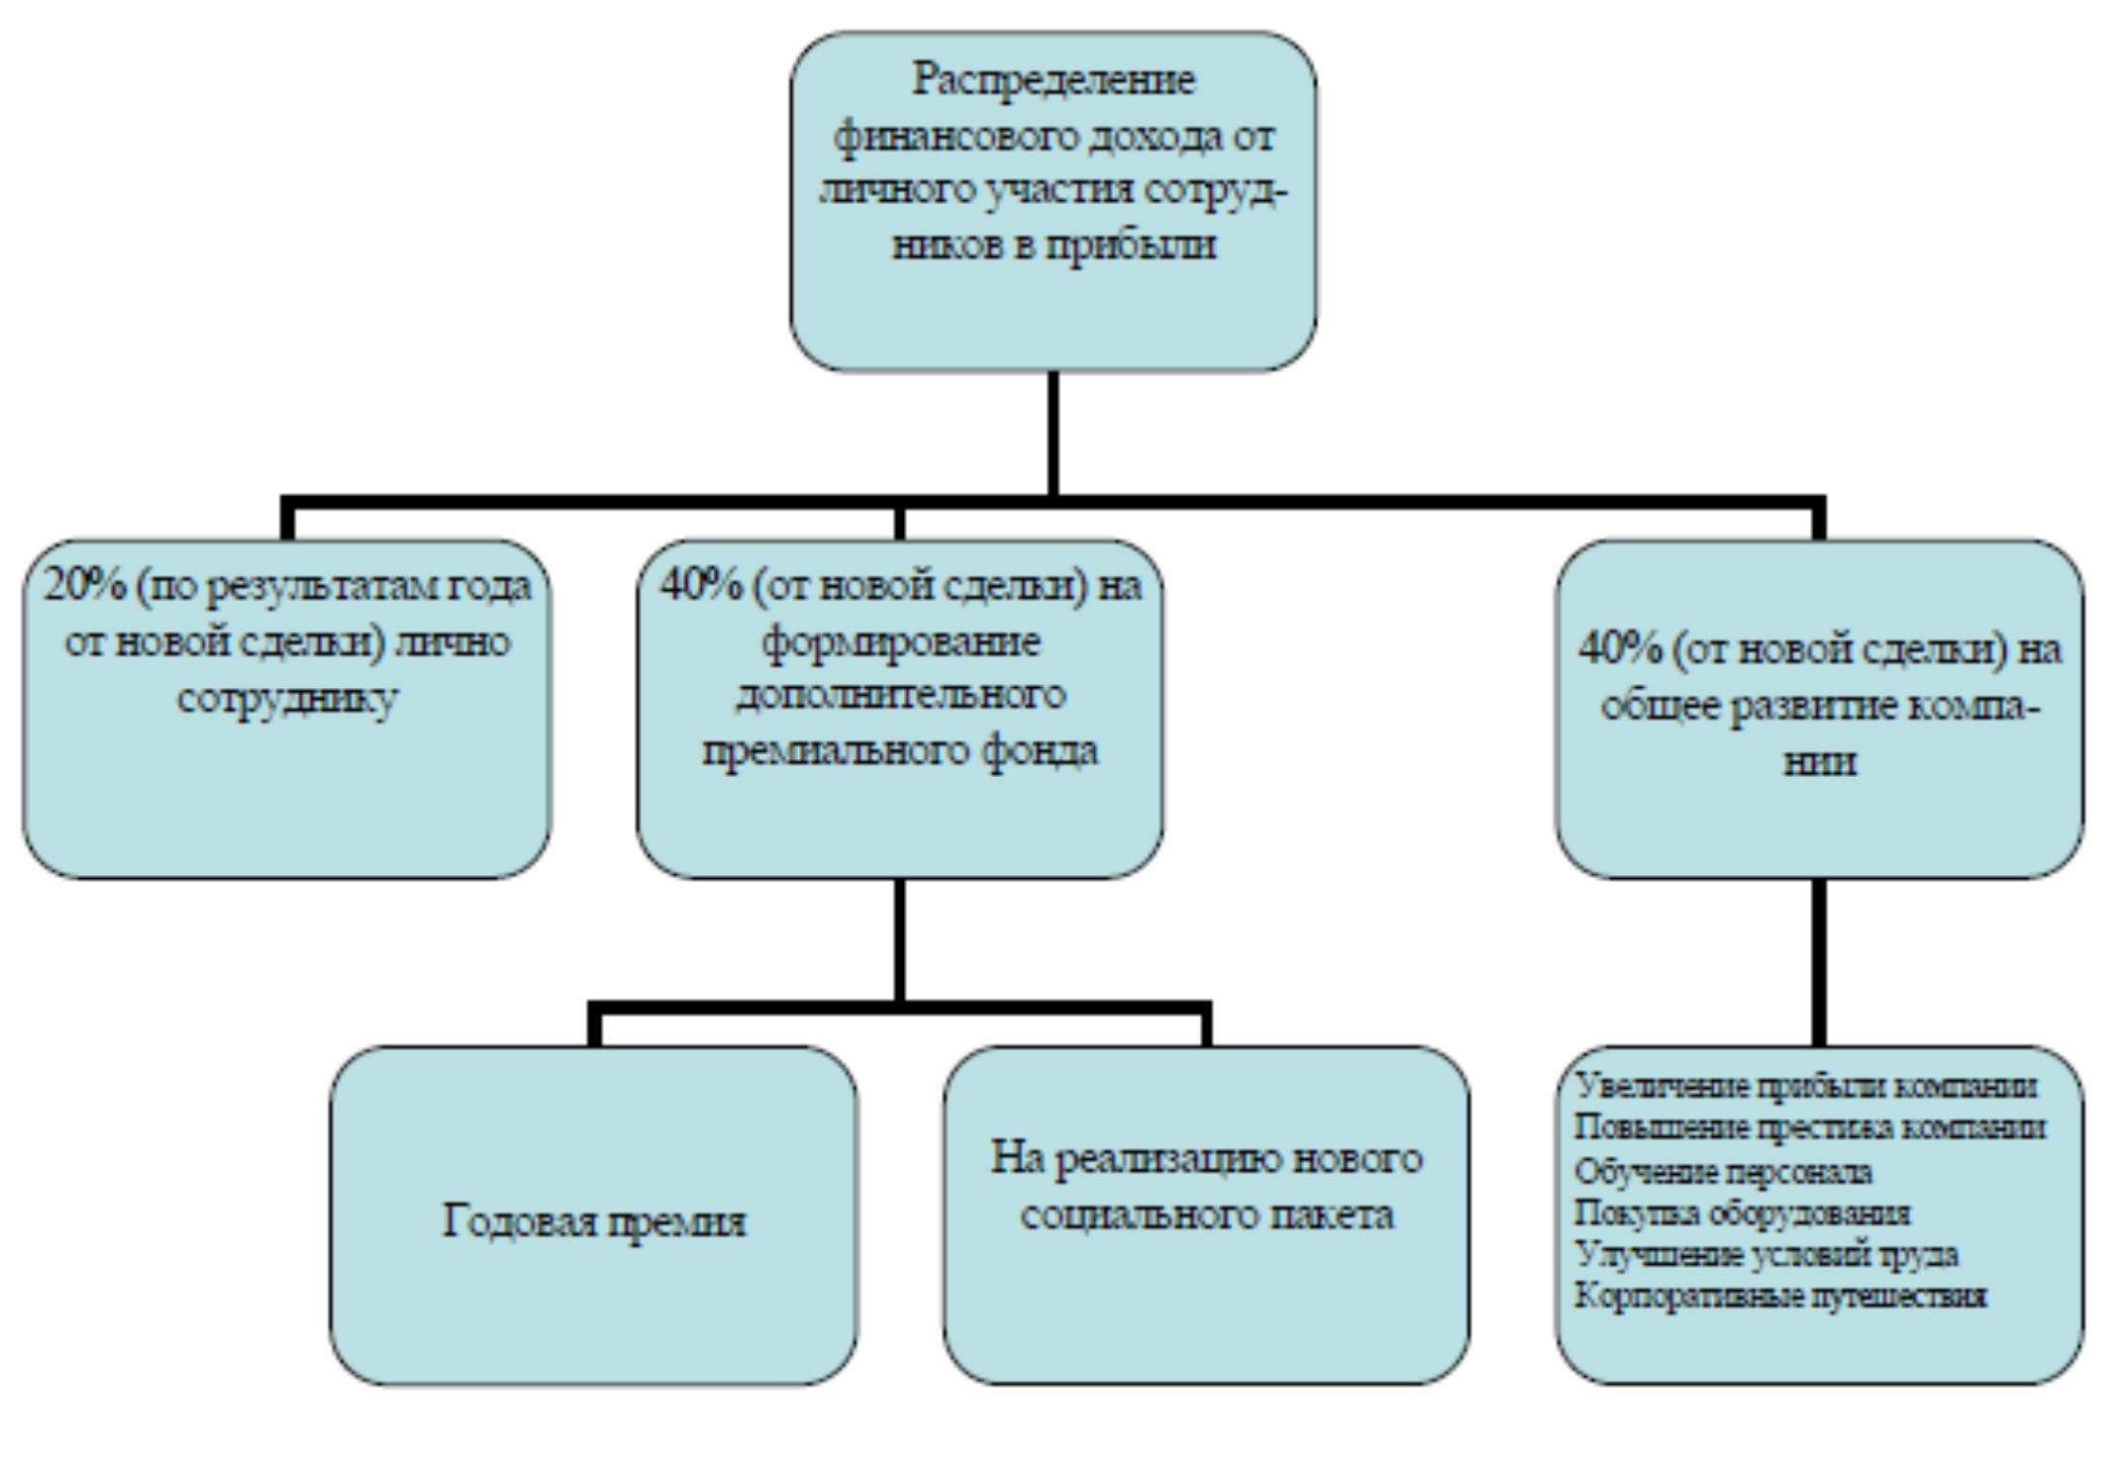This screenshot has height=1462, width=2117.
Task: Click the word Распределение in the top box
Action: (x=1053, y=80)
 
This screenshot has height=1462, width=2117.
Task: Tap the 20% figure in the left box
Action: (x=85, y=586)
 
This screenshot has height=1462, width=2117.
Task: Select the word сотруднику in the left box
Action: (x=287, y=699)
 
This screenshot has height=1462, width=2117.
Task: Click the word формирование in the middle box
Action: (x=900, y=642)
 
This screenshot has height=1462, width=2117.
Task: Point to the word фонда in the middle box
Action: (x=1039, y=750)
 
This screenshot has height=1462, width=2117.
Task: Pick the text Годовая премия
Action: (x=593, y=1220)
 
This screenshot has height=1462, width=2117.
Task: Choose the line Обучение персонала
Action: (x=1723, y=1172)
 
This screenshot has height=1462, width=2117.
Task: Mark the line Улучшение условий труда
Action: (x=1766, y=1255)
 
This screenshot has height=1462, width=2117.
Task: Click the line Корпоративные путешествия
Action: (x=1780, y=1297)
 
